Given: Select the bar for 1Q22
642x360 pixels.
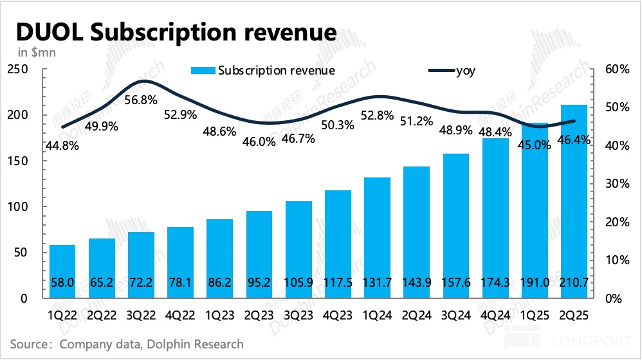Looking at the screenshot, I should point(62,271).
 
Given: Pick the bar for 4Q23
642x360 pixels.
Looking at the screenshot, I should point(337,244).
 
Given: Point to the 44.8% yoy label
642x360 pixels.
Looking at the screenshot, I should point(62,145).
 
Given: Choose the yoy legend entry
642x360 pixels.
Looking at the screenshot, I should point(466,71).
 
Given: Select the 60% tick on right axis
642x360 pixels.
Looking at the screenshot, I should point(618,69).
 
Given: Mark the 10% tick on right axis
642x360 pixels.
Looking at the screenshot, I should point(618,260).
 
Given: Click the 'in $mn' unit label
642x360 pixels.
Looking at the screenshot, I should point(36,52).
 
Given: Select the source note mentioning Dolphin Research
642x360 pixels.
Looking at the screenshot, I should point(127,344).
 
